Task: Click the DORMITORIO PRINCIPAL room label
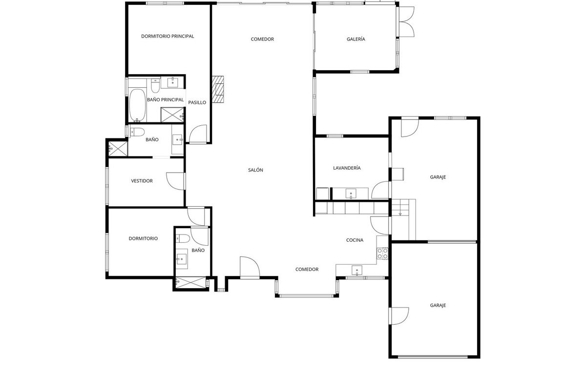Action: click(167, 36)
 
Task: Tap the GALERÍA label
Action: click(356, 39)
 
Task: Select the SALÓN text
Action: click(255, 170)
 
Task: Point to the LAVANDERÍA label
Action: click(347, 168)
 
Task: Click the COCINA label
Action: click(355, 240)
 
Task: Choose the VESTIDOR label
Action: click(142, 181)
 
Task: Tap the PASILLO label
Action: click(197, 103)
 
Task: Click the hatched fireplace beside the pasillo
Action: click(218, 89)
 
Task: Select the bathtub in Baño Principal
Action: click(137, 105)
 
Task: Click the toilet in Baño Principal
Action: click(155, 86)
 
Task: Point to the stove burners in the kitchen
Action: click(382, 253)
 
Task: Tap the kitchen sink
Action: click(357, 271)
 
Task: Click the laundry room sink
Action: click(351, 194)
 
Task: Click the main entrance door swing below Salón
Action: click(250, 267)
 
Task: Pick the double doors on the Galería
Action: click(406, 21)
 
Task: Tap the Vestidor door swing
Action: click(175, 181)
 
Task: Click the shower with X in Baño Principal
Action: click(172, 115)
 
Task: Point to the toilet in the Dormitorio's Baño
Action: click(183, 238)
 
